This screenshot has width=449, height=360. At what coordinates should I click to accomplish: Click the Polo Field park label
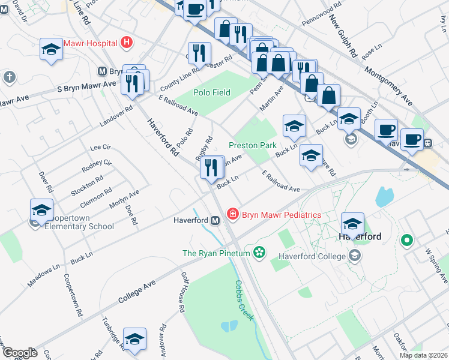(212, 92)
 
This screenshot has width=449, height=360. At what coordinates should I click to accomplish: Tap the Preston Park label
(252, 145)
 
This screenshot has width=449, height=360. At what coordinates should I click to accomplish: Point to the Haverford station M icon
(214, 220)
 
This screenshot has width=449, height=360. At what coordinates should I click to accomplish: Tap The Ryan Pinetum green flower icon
(259, 253)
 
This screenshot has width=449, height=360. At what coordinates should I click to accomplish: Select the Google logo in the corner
(20, 353)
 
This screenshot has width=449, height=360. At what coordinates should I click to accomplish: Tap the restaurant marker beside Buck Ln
(209, 168)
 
